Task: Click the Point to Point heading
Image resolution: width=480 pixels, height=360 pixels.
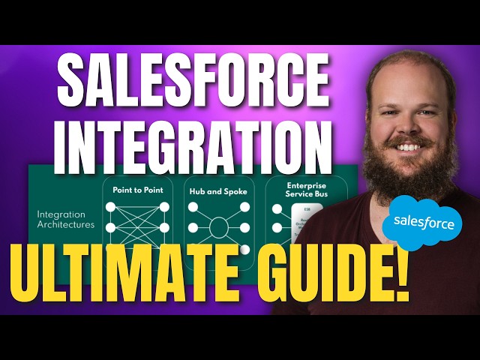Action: [139, 190]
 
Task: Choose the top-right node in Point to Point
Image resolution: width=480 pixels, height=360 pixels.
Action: [165, 207]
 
